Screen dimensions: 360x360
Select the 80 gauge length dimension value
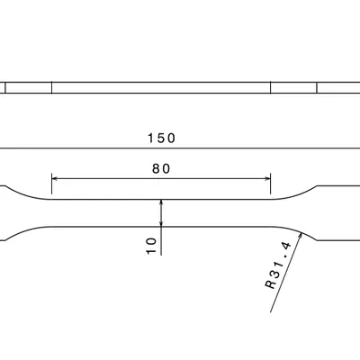tap(161, 168)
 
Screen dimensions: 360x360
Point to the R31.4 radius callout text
tap(276, 265)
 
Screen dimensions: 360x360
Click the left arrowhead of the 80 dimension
tap(56, 178)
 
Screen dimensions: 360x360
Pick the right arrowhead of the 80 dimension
tap(266, 178)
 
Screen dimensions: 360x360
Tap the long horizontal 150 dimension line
tap(90, 148)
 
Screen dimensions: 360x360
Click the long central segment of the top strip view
tap(162, 87)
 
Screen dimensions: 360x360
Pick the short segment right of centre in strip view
tap(293, 87)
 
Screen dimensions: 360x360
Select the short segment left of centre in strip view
tap(30, 87)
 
